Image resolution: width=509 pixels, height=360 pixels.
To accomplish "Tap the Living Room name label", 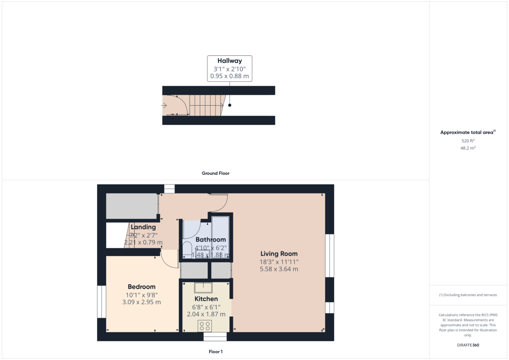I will pos(279,254).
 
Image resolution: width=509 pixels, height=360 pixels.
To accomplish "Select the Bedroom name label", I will pos(142,287).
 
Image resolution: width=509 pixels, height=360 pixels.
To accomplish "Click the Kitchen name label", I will pos(206,299).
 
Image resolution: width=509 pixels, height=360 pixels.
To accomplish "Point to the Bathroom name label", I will pos(210,240).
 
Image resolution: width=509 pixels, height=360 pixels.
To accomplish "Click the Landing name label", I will pos(143,227).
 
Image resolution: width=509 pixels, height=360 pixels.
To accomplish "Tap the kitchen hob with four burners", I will pos(205,326).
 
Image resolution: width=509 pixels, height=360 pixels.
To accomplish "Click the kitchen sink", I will pos(204,287).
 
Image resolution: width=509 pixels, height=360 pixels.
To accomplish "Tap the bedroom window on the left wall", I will pos(101,301).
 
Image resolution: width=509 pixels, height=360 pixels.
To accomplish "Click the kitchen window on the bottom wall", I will pos(215,337).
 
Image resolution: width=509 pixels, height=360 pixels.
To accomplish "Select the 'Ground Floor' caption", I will pos(215,173).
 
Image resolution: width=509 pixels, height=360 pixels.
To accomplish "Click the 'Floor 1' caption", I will pos(215,352).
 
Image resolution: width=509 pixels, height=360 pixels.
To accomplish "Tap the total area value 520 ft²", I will pos(468,140).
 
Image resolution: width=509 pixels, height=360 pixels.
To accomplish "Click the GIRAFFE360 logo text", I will pos(468,345).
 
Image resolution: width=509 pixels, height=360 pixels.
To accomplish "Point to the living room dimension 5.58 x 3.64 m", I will pos(279,269).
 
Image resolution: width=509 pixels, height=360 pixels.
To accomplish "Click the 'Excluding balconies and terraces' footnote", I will pos(468,295).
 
